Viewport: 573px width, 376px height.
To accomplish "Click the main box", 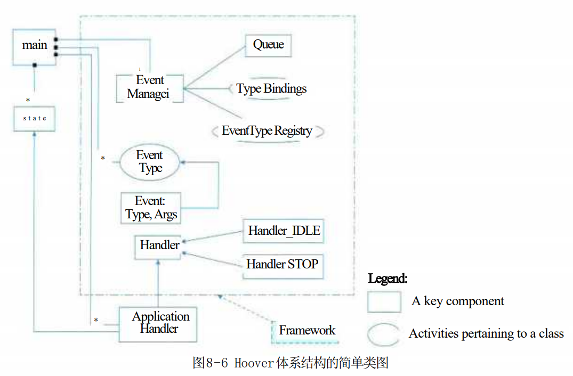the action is tap(34, 47).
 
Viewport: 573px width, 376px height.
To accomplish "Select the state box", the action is tap(34, 119).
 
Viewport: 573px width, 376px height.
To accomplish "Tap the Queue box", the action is tap(268, 46).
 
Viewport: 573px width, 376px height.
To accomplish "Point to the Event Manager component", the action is tap(149, 88).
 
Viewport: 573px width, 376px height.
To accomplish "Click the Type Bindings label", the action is tap(271, 89).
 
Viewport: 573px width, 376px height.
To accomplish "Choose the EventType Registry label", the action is tap(267, 131).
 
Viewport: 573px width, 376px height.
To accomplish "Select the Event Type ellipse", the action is tap(149, 162).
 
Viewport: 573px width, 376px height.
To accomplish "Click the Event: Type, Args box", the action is tap(150, 208).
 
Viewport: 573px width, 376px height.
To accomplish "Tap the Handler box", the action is tap(158, 247).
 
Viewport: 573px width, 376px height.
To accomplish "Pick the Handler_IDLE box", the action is tap(284, 231).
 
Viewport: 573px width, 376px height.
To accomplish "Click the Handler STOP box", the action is tap(283, 266).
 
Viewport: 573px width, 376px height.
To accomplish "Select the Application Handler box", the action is tap(158, 324).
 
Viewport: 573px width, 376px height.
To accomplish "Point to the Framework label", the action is tap(307, 330).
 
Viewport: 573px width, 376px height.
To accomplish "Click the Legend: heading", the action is tap(388, 279).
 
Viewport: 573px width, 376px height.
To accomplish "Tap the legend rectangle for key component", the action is tap(384, 301).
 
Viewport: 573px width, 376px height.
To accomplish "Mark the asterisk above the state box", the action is tap(28, 100).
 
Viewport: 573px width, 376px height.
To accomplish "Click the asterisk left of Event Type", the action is tap(103, 158).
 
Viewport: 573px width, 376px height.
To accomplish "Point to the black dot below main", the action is tap(34, 65).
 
